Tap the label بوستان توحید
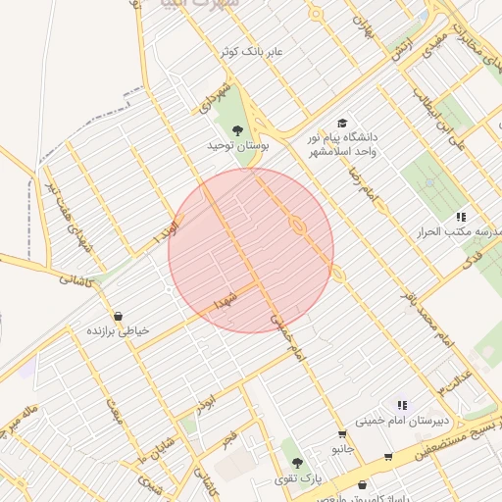[237, 145]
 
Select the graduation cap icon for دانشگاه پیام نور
[342, 123]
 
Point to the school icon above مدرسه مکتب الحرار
[461, 217]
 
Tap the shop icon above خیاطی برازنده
[119, 316]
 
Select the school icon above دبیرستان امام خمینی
[401, 404]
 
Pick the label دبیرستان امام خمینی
[402, 420]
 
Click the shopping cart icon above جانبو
[341, 433]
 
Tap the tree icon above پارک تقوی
[298, 462]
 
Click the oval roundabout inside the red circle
[297, 226]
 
